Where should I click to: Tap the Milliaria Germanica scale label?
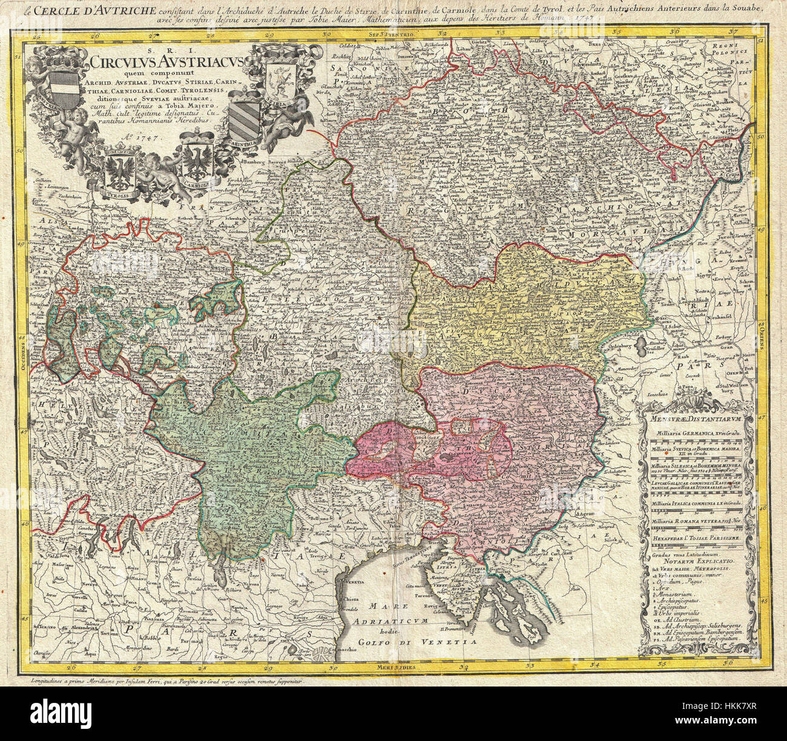pos(693,434)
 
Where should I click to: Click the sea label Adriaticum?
pos(400,622)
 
